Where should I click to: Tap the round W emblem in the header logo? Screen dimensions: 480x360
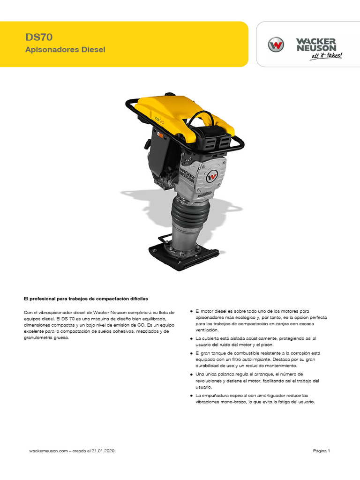point(276,45)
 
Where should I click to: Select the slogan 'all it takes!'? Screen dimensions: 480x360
point(326,56)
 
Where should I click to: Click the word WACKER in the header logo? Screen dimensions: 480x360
point(316,41)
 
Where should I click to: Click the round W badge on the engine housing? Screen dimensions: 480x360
point(212,177)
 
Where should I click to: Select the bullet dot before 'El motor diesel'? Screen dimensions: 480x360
point(191,311)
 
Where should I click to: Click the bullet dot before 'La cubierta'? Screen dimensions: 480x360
point(191,338)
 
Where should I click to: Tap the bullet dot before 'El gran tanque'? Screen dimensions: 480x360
point(191,352)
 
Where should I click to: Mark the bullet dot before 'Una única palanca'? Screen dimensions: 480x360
point(191,374)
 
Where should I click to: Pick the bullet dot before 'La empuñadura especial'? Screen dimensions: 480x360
point(191,395)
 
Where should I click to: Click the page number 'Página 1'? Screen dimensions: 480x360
point(322,451)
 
